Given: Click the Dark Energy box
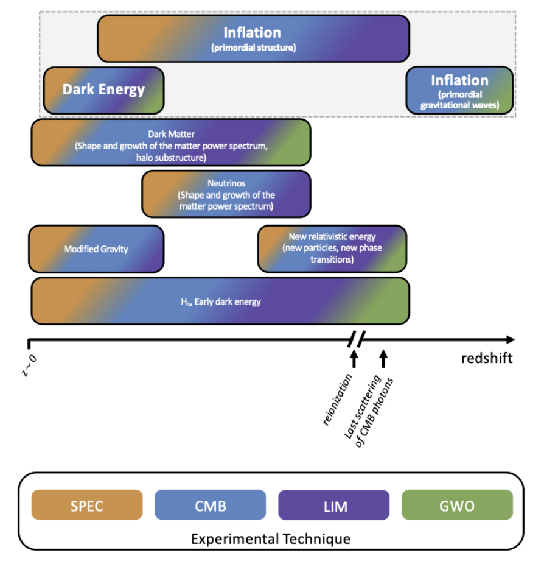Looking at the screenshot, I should point(103,90).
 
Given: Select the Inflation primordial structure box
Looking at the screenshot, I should point(253,38).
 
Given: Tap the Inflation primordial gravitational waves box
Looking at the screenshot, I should point(459,90).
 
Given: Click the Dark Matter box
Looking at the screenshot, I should point(171,143).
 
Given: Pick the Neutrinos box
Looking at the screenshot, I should point(226,194).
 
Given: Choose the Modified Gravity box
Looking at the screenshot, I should point(96,249).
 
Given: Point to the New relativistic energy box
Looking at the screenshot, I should point(332,249).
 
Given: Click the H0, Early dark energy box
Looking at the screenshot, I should point(220,301).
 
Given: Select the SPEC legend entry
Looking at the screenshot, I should point(87,505).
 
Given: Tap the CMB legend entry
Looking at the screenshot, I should point(210,505).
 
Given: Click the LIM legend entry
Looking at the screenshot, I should point(333,505).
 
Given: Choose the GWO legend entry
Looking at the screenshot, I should point(457,505).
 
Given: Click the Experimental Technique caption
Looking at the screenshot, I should point(271,539).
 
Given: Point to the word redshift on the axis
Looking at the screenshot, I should point(487,358).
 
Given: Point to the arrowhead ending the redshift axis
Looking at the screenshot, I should point(510,339).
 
